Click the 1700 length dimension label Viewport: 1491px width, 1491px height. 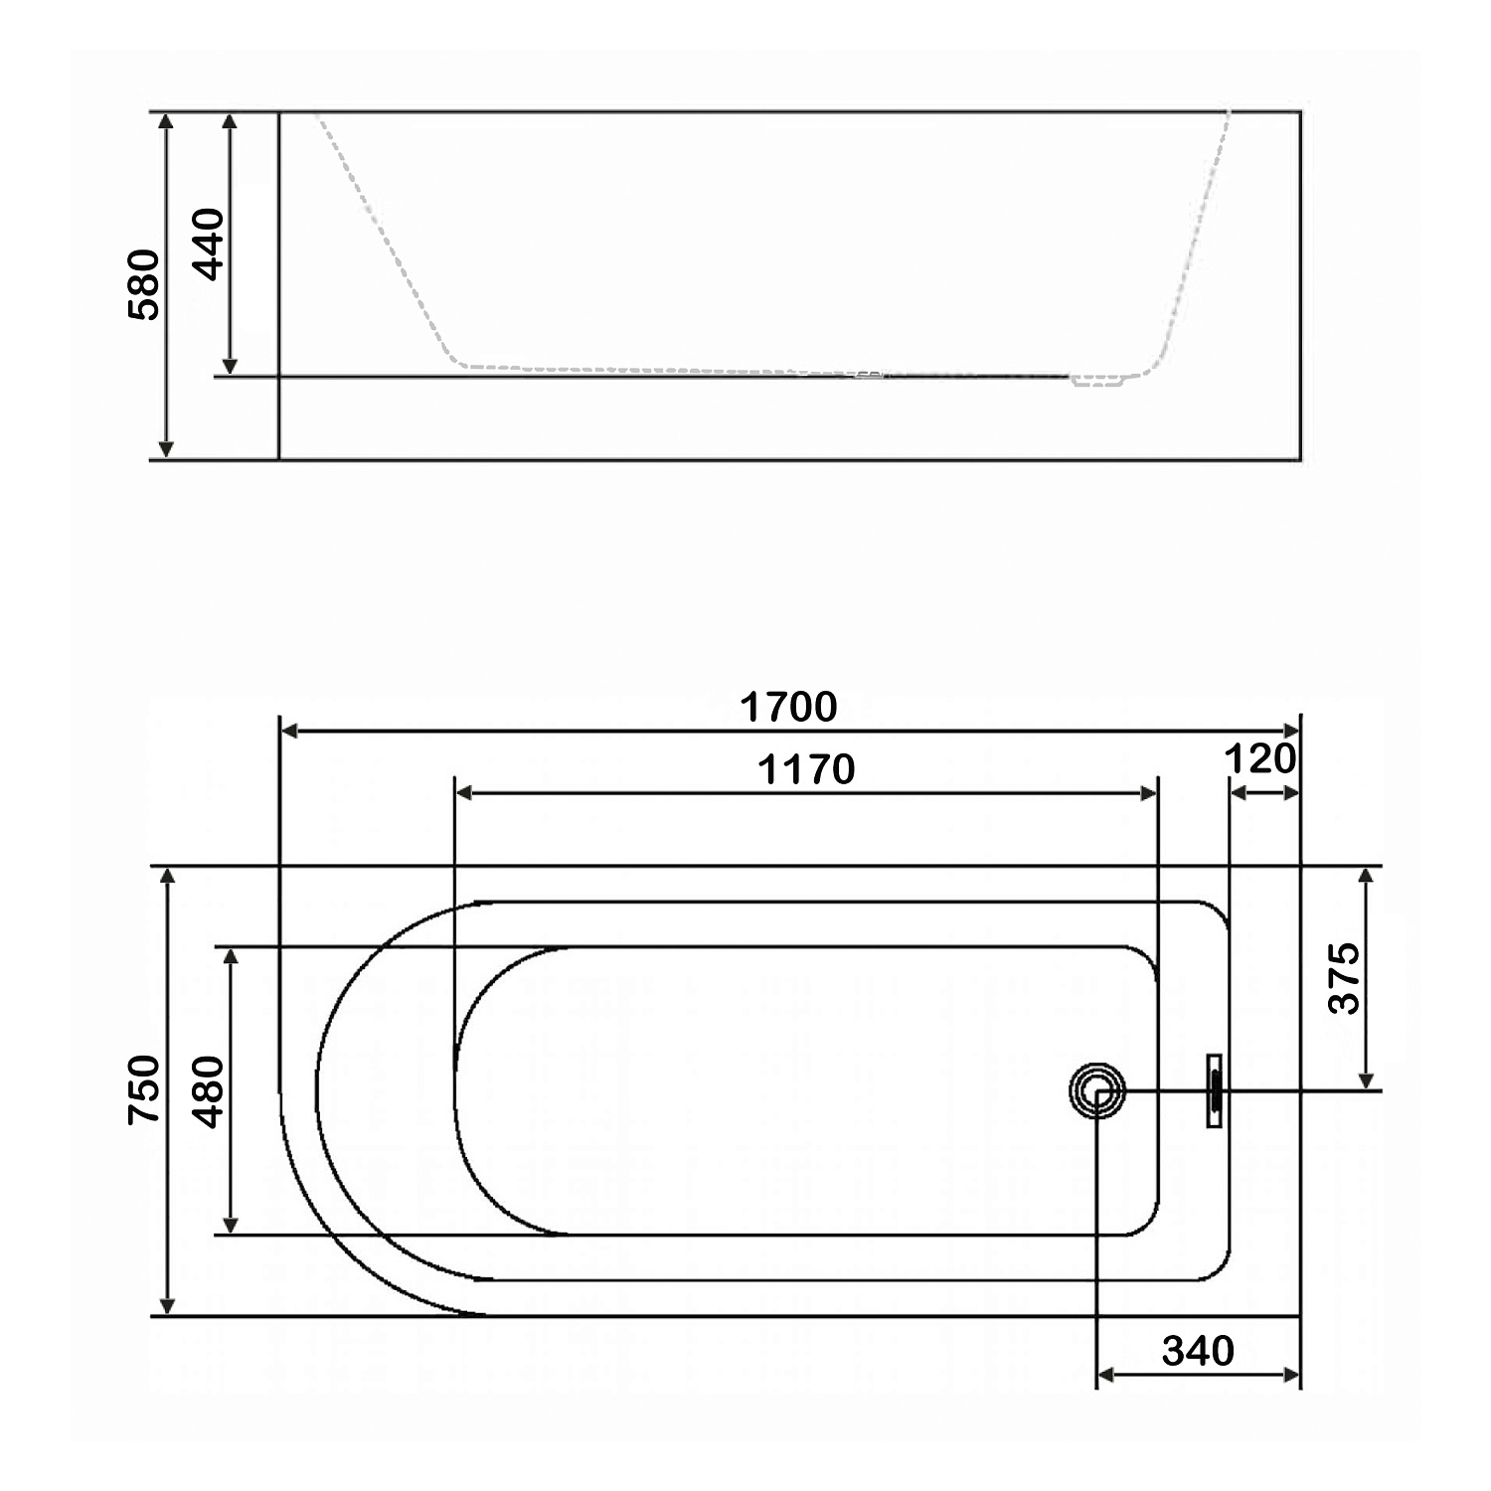click(788, 707)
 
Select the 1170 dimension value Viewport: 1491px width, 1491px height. click(806, 769)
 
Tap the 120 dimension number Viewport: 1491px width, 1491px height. click(1260, 759)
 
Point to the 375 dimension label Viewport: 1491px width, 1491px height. click(1344, 978)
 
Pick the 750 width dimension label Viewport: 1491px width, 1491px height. click(145, 1089)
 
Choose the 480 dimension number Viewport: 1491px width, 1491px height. click(209, 1091)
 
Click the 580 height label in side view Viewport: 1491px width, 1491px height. click(144, 284)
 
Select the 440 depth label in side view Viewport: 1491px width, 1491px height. click(208, 244)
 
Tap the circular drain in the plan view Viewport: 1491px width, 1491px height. click(1097, 1090)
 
